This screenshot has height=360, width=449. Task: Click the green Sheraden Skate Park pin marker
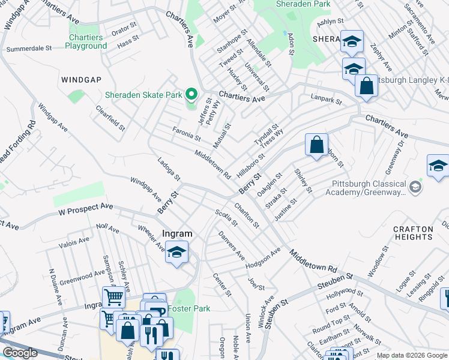(191, 94)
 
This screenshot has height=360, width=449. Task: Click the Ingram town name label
(178, 234)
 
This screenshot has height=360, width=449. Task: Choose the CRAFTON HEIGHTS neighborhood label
(413, 233)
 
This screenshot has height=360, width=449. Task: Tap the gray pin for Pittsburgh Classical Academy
(414, 188)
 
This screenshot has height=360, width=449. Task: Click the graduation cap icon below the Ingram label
(176, 253)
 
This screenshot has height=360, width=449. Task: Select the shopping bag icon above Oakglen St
(316, 145)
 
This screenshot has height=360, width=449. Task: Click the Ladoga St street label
(169, 170)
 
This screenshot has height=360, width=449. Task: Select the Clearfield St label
(111, 118)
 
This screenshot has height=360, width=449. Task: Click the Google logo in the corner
(20, 353)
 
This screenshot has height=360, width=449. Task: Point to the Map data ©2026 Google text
(412, 356)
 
